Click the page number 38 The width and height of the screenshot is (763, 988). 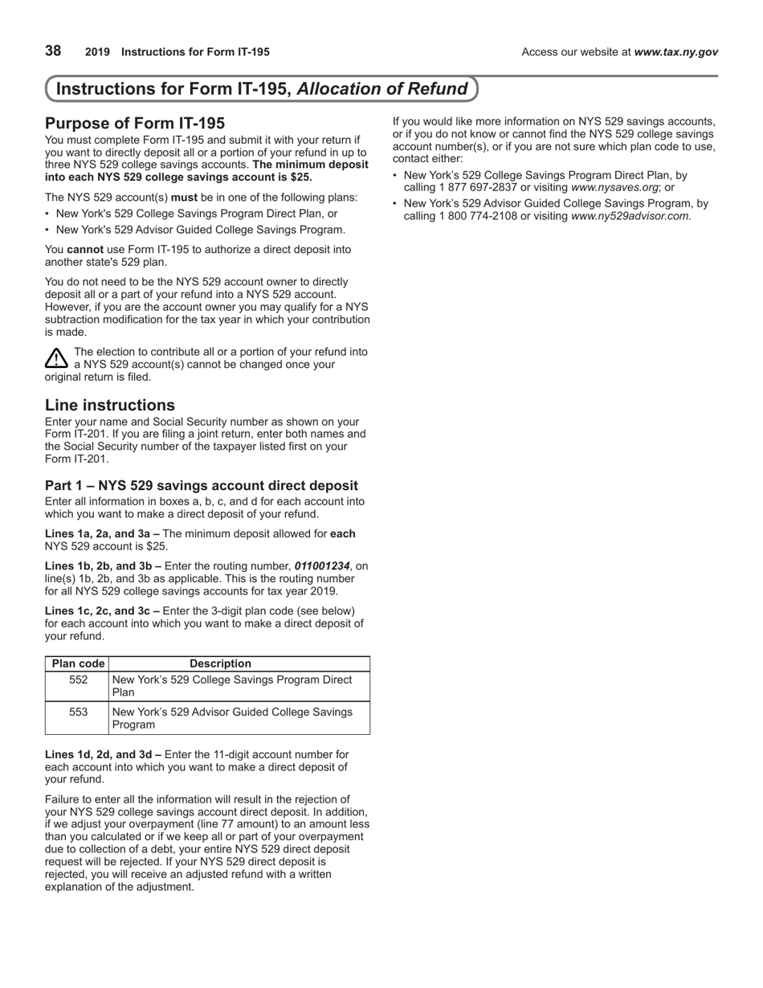(x=53, y=51)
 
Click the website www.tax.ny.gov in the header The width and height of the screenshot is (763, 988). (x=675, y=52)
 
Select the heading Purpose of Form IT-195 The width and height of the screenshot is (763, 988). (x=135, y=123)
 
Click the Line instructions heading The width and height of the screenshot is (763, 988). (x=110, y=405)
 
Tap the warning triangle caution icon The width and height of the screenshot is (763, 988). (x=56, y=358)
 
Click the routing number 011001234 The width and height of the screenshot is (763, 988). (x=322, y=566)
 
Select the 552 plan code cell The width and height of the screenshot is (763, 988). (x=78, y=680)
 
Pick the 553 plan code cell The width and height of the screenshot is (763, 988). (x=78, y=712)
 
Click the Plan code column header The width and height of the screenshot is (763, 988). (x=78, y=663)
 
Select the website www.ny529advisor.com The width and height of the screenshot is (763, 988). (x=630, y=216)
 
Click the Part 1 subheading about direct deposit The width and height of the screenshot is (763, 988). (x=202, y=485)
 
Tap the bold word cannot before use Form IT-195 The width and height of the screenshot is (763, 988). (x=85, y=250)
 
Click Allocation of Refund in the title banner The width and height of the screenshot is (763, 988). (x=382, y=89)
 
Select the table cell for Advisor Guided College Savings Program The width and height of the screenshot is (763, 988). (x=233, y=718)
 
